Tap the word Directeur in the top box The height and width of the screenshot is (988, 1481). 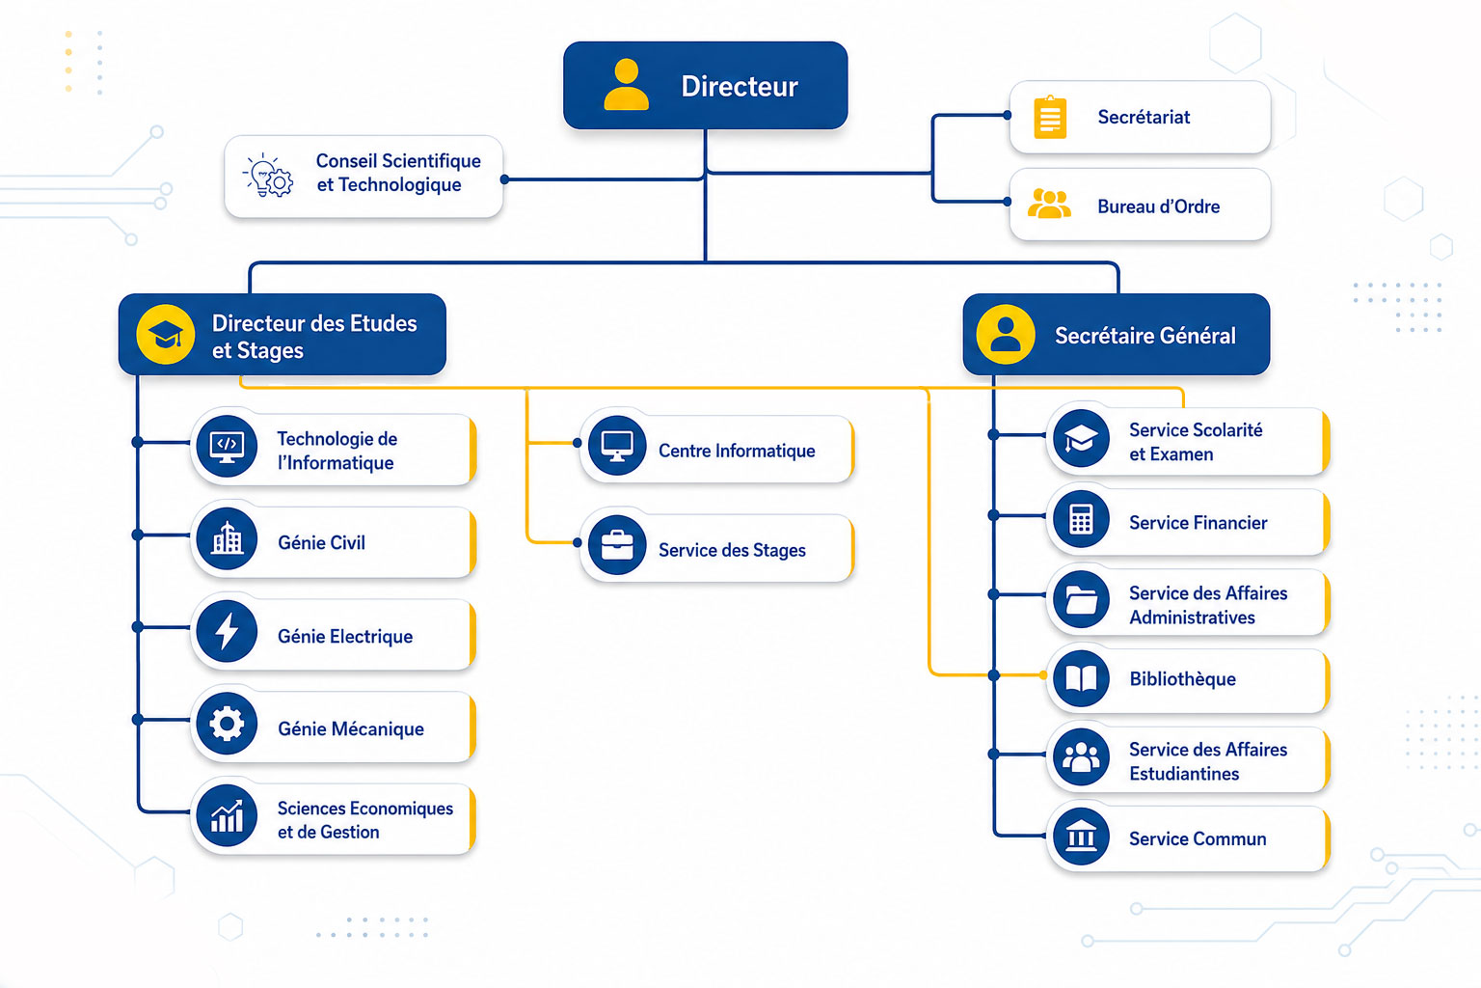740,87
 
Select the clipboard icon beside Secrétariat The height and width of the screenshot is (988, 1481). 1050,117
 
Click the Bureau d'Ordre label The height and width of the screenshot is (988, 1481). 1158,206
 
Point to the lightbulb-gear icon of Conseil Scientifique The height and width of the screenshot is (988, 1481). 268,176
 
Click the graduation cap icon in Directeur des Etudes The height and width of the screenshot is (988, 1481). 165,334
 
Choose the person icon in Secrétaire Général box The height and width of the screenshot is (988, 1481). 1005,334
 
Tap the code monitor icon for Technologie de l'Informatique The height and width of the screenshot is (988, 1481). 227,446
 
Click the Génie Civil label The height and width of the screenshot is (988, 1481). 321,542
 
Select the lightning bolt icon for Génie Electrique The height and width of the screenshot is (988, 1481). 227,631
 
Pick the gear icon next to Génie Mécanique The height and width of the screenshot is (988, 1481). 227,724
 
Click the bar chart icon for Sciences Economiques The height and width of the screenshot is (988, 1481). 227,816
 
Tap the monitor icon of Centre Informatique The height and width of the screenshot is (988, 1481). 617,446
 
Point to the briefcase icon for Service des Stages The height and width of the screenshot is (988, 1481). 617,544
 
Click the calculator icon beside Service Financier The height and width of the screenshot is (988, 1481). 1081,519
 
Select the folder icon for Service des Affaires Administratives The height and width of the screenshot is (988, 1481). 1081,599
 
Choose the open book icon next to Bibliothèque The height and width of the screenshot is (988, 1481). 1081,677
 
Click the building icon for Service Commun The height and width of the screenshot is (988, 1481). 1081,837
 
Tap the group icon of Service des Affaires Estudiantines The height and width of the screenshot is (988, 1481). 1081,756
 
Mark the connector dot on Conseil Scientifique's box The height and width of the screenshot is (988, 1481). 504,179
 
